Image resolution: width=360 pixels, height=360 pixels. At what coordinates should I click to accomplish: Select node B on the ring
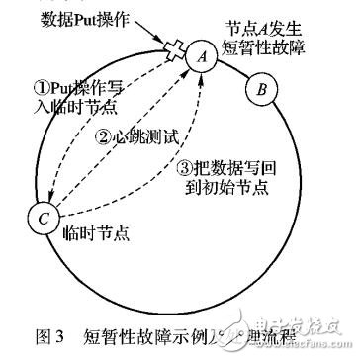pos(260,91)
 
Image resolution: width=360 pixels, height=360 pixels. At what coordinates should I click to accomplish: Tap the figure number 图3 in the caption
pos(36,331)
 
